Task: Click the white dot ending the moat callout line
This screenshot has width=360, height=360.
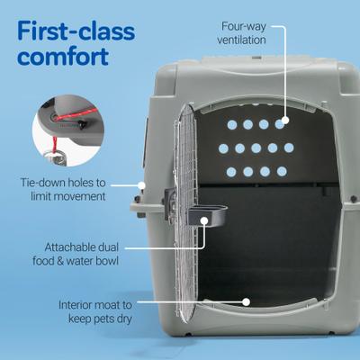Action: point(246,302)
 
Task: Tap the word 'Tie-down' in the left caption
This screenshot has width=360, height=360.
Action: point(47,181)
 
